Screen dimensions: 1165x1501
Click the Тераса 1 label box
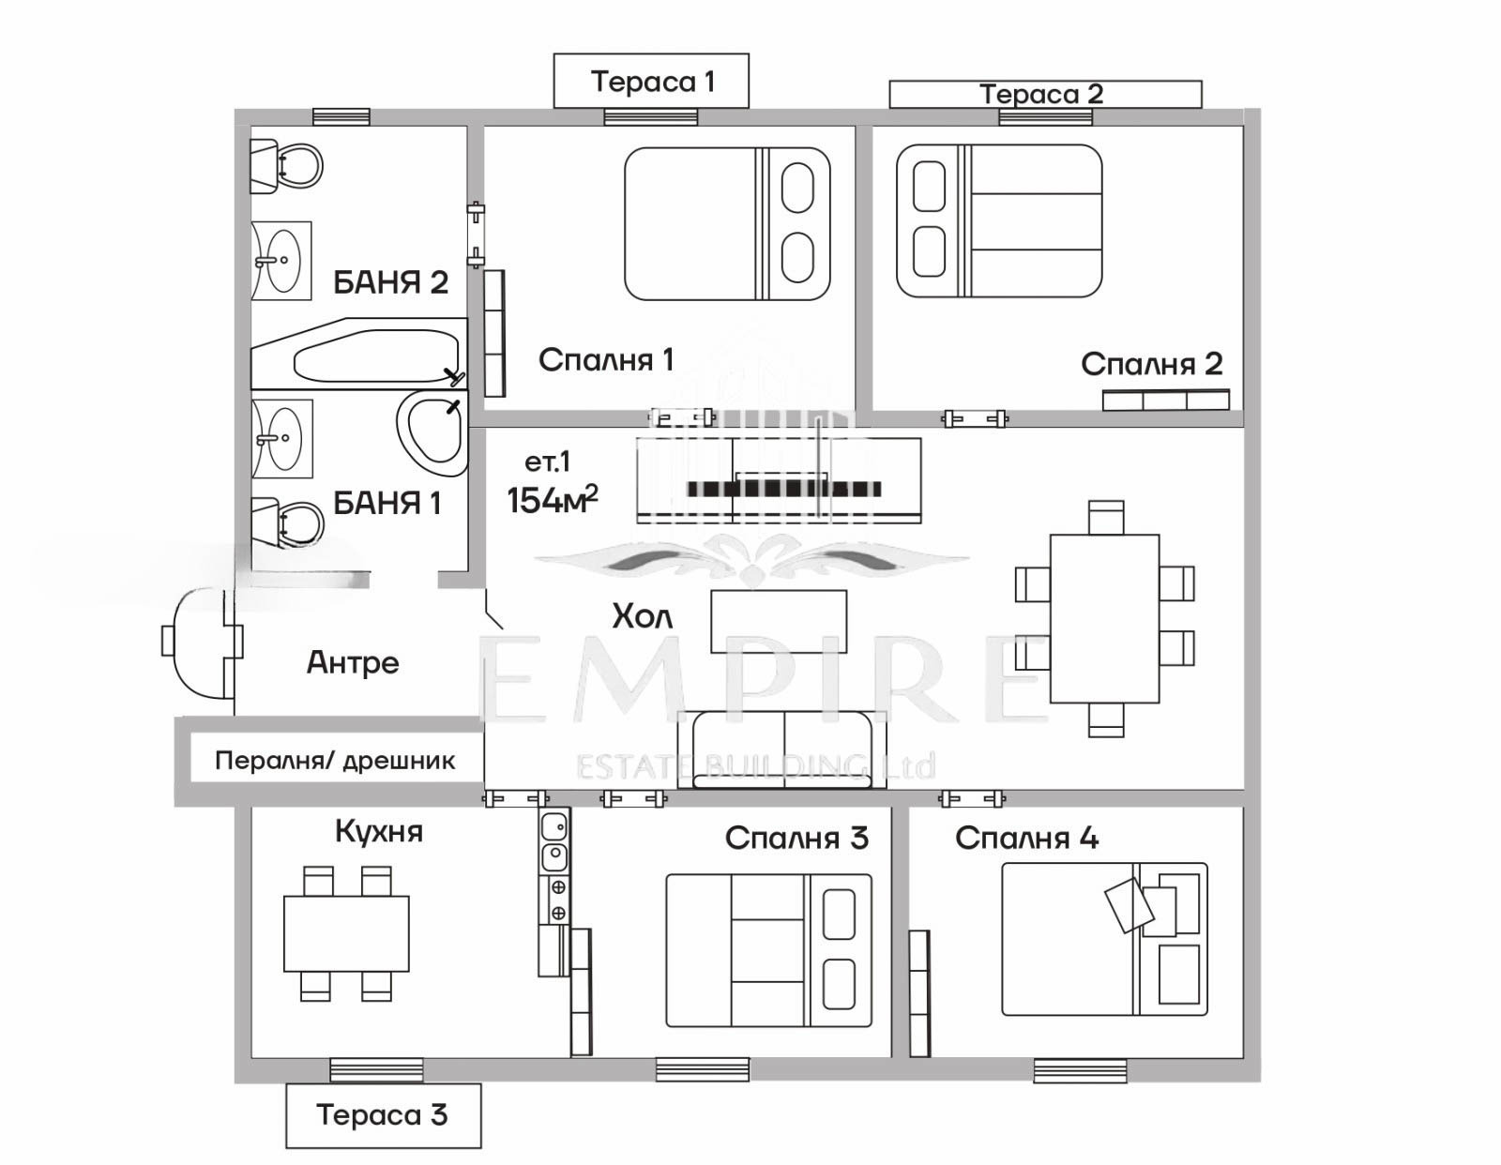(x=651, y=82)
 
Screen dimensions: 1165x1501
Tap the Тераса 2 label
(x=1044, y=94)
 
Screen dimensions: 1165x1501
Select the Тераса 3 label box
(x=383, y=1114)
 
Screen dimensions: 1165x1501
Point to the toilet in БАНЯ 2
(x=286, y=166)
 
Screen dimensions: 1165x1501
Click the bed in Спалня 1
(x=727, y=224)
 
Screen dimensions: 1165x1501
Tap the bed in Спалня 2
(x=999, y=221)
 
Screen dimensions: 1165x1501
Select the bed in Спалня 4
(x=1104, y=939)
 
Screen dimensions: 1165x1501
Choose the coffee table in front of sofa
(x=779, y=621)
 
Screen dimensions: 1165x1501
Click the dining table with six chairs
(x=1104, y=618)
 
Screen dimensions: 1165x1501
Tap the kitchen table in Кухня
(x=346, y=933)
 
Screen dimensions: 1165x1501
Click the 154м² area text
(x=552, y=501)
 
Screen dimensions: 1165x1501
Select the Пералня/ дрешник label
(x=335, y=760)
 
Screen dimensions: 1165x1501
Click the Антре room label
(x=353, y=662)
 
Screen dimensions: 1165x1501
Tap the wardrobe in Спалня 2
(x=1165, y=401)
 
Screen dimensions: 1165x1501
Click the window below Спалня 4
(x=1080, y=1070)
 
